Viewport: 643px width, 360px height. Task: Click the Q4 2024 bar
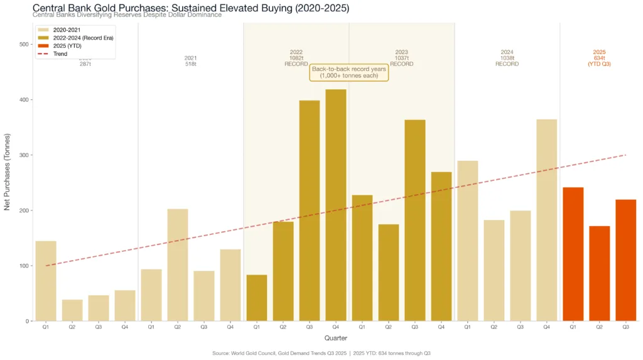click(x=546, y=220)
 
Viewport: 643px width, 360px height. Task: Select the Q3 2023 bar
click(x=414, y=220)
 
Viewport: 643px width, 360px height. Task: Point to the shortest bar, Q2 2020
click(x=72, y=310)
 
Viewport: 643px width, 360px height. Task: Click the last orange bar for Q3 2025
click(x=625, y=260)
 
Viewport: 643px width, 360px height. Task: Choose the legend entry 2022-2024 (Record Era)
click(x=80, y=38)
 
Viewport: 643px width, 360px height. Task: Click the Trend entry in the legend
click(x=61, y=54)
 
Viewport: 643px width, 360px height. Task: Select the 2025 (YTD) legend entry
click(x=67, y=46)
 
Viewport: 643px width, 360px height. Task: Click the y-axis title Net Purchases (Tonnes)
click(x=8, y=172)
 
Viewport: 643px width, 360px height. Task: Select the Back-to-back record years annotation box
click(x=349, y=72)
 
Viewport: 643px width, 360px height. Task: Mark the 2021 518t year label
click(x=190, y=61)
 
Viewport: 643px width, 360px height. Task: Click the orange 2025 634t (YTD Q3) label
click(x=599, y=58)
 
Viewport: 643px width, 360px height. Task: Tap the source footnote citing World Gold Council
click(x=321, y=354)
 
